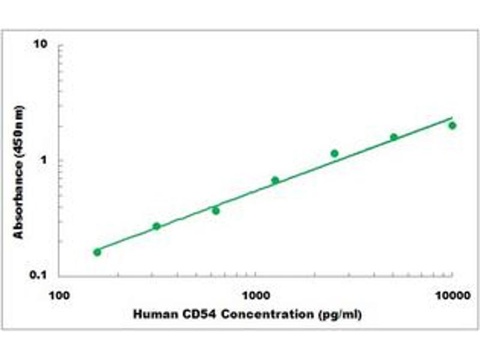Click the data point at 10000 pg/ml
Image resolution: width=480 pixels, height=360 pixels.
point(452,125)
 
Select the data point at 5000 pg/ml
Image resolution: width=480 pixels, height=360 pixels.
point(394,137)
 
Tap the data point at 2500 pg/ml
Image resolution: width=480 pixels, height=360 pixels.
point(334,154)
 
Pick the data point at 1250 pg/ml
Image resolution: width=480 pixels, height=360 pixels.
point(275,180)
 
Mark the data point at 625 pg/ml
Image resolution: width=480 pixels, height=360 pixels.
point(216,211)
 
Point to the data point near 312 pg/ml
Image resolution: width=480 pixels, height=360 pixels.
point(157,226)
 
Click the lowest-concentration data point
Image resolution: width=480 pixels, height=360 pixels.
point(97,252)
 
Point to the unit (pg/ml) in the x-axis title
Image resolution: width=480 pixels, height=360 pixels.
point(340,314)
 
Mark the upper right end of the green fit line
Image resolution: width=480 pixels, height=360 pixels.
point(452,118)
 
